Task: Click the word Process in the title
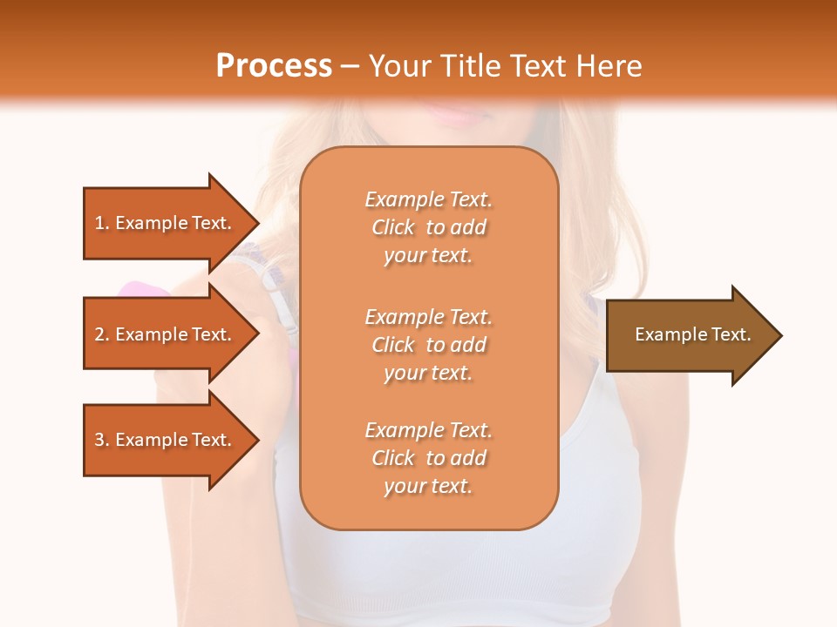pyautogui.click(x=274, y=66)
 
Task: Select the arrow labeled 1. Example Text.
pyautogui.click(x=163, y=223)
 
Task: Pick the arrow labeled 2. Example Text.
pyautogui.click(x=163, y=334)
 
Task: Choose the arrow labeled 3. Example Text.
pyautogui.click(x=163, y=440)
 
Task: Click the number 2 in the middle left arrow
pyautogui.click(x=99, y=334)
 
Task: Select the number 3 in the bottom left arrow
pyautogui.click(x=99, y=440)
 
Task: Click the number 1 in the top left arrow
pyautogui.click(x=99, y=223)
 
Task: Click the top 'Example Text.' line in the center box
pyautogui.click(x=429, y=199)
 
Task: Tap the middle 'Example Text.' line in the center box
pyautogui.click(x=429, y=316)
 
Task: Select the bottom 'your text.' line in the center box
pyautogui.click(x=428, y=486)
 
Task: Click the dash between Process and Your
pyautogui.click(x=350, y=67)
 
